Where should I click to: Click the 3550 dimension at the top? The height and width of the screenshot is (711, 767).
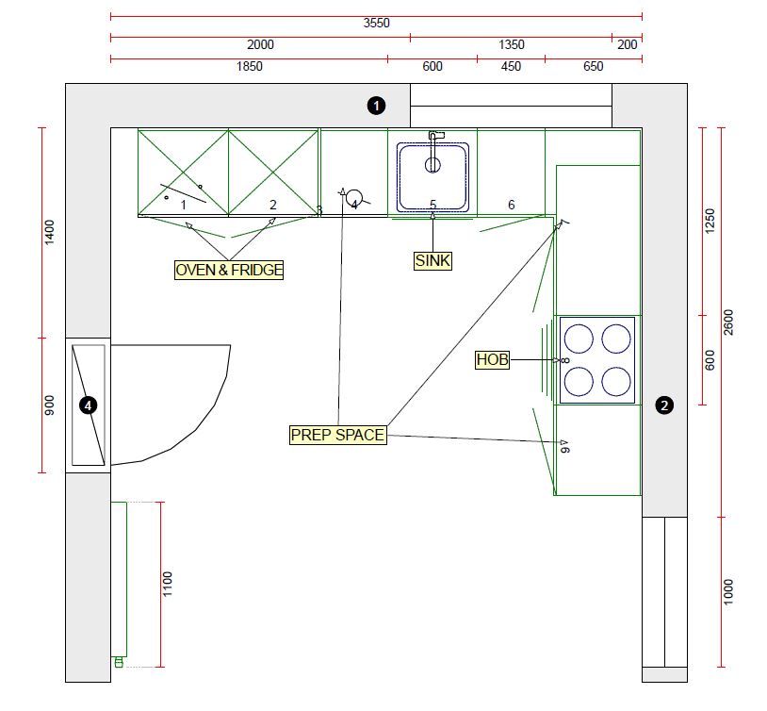(376, 23)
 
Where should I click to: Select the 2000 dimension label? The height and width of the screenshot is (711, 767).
(260, 44)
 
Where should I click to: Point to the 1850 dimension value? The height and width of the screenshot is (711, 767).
(249, 66)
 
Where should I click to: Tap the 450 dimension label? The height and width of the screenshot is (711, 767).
(511, 66)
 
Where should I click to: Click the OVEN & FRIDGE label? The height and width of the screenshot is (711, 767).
(229, 270)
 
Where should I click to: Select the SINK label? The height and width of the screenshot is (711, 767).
(432, 260)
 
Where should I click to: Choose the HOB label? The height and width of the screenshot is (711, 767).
(492, 360)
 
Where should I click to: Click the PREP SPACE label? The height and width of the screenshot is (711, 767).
(337, 435)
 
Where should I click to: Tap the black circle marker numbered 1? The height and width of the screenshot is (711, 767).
(376, 106)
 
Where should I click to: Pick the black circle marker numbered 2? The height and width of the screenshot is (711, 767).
(664, 406)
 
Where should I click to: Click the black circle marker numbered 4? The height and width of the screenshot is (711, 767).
(88, 405)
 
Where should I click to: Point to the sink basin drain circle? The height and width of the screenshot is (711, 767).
(432, 165)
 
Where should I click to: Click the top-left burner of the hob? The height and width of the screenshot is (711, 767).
(579, 338)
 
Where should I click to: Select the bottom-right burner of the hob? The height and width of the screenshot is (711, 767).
(615, 381)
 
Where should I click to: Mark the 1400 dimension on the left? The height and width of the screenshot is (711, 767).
(50, 232)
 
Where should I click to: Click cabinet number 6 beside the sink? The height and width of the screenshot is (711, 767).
(512, 205)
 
